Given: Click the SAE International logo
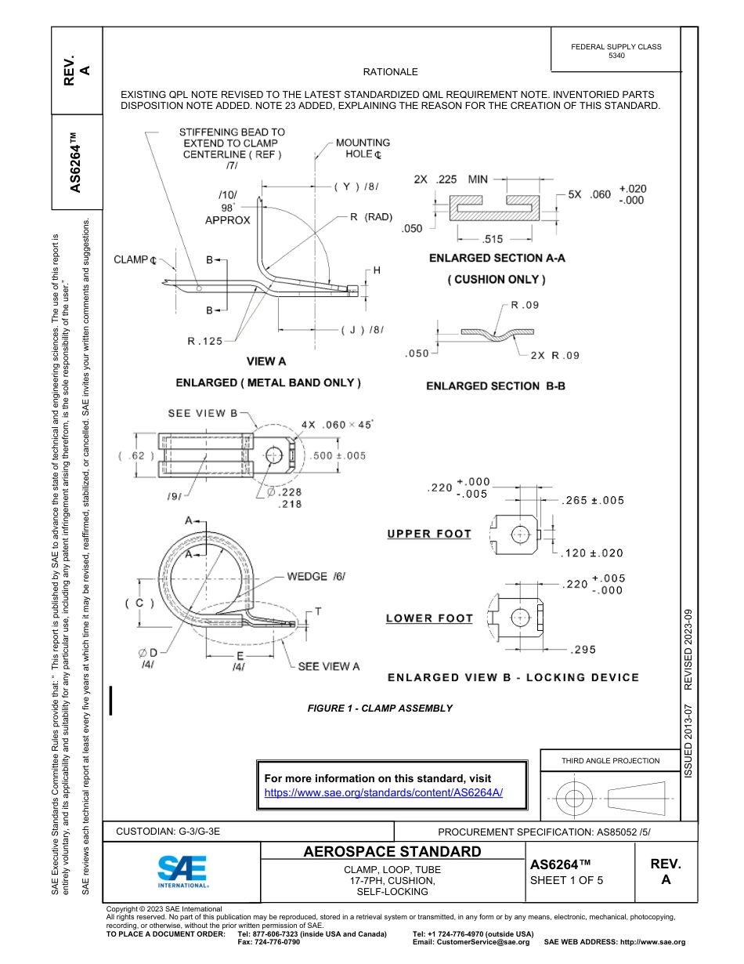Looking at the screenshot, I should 182,870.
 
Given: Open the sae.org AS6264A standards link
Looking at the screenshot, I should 383,792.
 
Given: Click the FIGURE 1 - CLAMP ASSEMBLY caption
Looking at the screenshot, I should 380,709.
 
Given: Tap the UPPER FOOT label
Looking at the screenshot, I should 429,534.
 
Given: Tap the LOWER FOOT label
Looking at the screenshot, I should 429,618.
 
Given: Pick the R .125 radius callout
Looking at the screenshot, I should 204,341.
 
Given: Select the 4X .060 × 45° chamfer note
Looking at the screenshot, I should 337,424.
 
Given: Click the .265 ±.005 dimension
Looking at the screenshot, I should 593,501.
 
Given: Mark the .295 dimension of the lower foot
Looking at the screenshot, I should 583,650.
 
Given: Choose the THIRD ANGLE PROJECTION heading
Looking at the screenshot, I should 610,760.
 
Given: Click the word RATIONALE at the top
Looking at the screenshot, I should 391,71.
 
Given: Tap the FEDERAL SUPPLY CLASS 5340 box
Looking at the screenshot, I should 616,51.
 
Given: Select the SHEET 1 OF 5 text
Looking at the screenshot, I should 567,879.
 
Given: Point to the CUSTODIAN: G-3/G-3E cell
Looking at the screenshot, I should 168,832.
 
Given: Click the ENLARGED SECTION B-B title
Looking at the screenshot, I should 495,386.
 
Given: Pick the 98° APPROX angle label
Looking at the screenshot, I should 227,214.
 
